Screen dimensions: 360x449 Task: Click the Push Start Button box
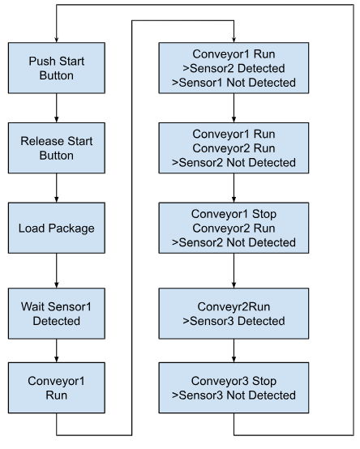coord(57,68)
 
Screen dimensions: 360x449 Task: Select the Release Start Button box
coord(57,148)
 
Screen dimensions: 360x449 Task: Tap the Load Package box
coord(57,228)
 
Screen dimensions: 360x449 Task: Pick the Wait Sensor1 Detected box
coord(57,314)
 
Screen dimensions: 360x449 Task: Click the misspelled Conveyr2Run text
coord(234,306)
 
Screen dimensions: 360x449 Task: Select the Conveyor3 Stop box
coord(234,387)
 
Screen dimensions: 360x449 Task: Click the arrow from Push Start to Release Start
coord(57,108)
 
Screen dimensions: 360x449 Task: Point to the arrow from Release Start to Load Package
coord(57,188)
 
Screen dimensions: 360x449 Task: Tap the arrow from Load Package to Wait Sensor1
coord(57,271)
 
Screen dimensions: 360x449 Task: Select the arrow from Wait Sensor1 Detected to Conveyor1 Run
coord(57,351)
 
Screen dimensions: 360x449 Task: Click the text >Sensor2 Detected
coord(234,68)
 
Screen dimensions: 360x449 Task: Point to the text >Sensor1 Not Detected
coord(234,83)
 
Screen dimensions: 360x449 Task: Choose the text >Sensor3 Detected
coord(234,321)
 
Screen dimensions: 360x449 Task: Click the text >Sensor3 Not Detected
coord(234,396)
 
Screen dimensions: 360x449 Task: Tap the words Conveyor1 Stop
coord(234,214)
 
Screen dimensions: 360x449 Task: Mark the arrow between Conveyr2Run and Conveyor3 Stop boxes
coord(234,351)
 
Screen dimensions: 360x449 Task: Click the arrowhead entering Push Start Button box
coord(57,40)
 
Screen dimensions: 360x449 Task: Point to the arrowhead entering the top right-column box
coord(234,40)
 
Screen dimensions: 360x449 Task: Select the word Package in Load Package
coord(71,229)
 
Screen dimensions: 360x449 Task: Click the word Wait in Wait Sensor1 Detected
coord(30,306)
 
